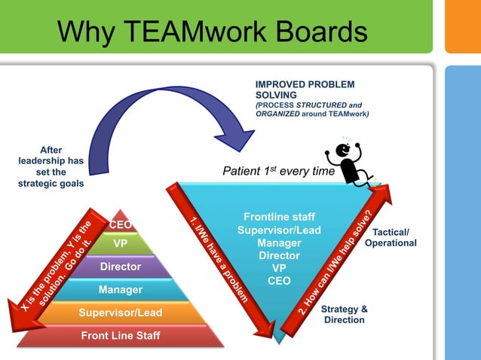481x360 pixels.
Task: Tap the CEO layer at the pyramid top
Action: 121,224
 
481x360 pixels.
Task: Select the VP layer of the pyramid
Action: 121,244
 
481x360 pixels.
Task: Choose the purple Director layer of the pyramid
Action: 121,267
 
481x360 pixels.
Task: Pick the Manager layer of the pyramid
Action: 121,289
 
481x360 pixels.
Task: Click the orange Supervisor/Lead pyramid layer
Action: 121,313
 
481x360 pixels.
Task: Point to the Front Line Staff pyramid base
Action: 121,335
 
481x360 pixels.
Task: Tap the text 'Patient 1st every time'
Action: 277,172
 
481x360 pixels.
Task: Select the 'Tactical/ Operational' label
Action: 390,237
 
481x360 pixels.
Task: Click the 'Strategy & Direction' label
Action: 344,314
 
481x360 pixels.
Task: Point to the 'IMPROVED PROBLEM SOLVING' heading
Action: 305,90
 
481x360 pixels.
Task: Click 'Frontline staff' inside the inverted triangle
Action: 279,217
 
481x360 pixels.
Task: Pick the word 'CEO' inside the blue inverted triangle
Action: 279,281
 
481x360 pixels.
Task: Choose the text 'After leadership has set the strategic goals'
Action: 51,167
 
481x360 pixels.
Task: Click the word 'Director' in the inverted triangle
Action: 279,255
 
